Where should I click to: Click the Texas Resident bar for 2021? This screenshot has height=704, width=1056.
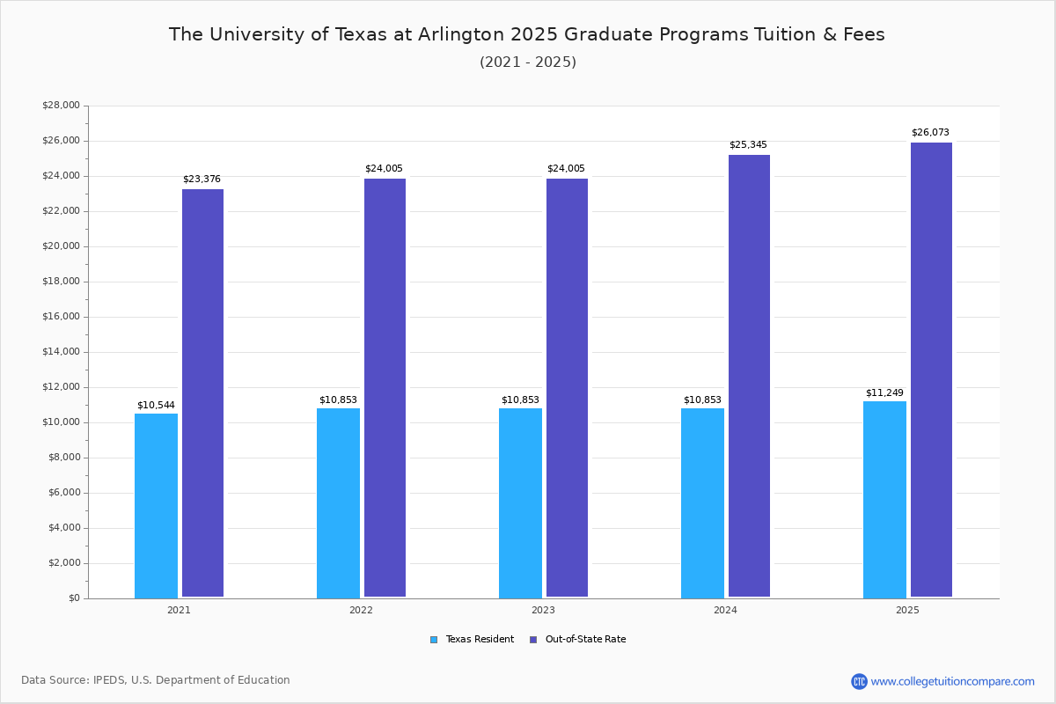click(156, 506)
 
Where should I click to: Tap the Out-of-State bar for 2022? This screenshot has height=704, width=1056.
click(385, 388)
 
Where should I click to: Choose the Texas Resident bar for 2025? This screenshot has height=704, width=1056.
click(884, 500)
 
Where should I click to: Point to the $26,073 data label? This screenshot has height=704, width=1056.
click(930, 133)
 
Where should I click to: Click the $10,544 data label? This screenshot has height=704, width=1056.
click(156, 406)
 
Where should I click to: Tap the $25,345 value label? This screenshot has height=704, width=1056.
click(748, 145)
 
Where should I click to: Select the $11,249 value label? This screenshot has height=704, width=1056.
click(884, 393)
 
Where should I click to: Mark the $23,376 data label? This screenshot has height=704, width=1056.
click(202, 180)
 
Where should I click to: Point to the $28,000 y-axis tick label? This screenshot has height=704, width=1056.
click(61, 106)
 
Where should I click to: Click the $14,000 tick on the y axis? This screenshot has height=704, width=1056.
click(61, 352)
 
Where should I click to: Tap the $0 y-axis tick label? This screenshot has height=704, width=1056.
click(73, 598)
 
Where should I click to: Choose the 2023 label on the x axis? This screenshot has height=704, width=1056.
click(543, 610)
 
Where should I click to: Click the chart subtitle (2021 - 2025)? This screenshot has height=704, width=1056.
click(527, 62)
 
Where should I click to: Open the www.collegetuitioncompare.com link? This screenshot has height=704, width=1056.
click(952, 681)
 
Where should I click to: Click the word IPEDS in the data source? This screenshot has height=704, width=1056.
click(109, 680)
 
